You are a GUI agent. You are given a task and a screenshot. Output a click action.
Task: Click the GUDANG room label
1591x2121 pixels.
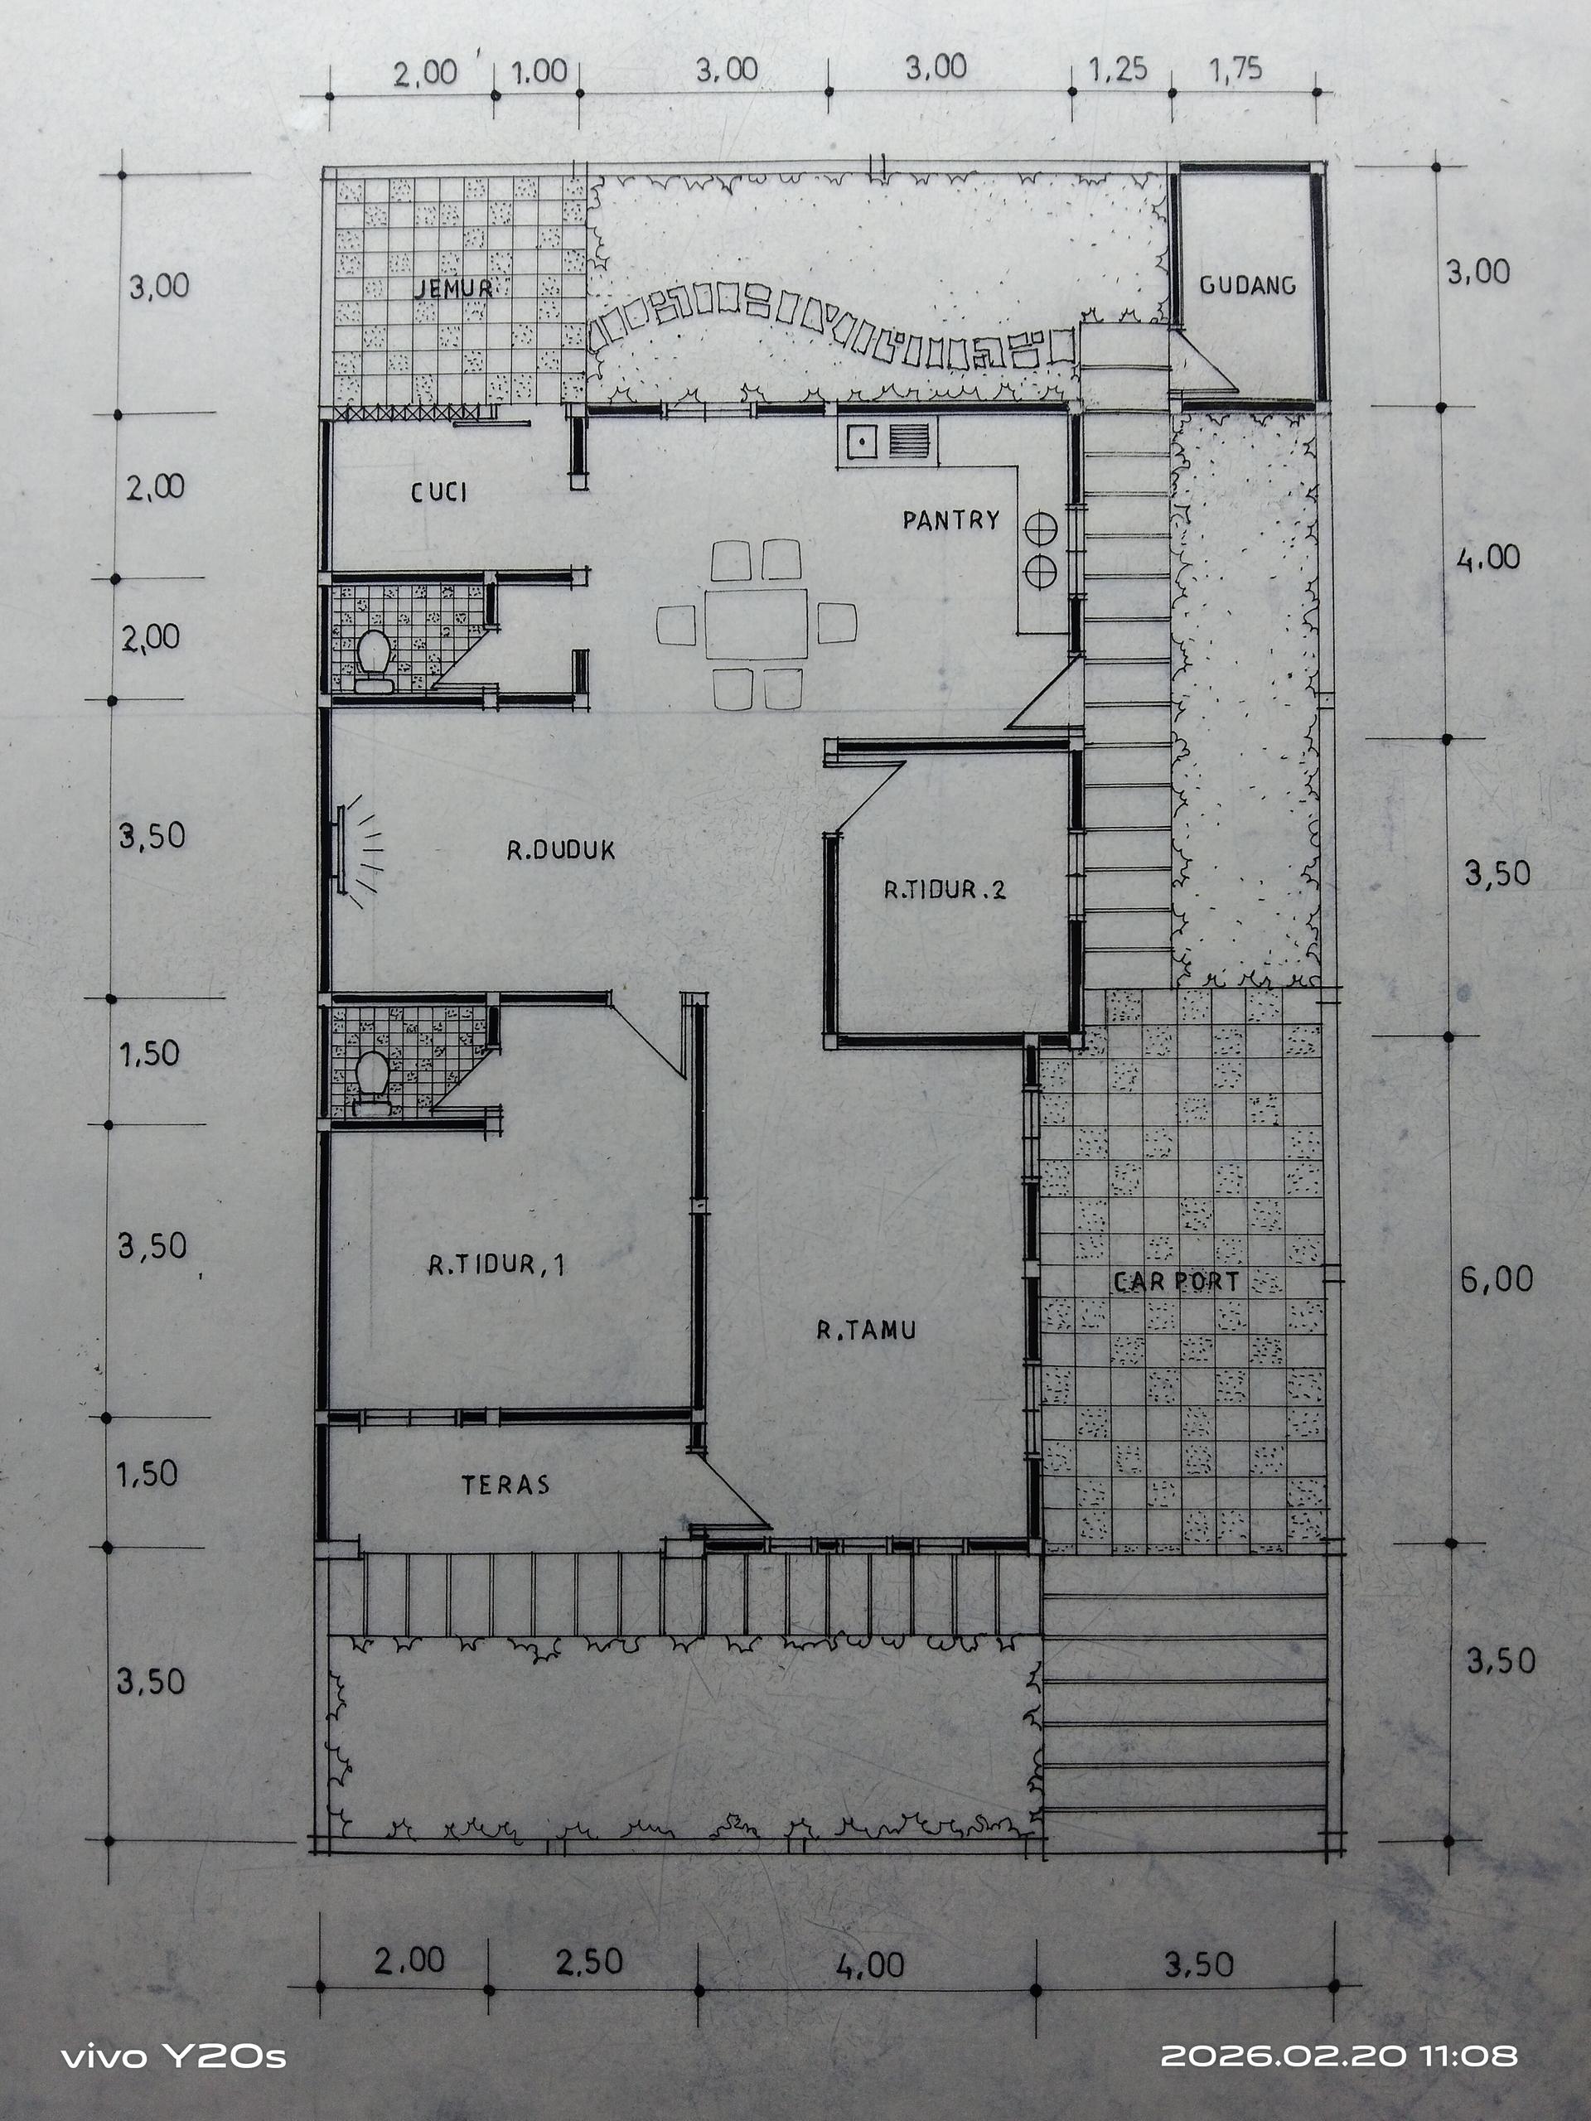click(1247, 285)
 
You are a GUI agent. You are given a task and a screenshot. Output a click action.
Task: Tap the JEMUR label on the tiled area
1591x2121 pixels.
click(453, 287)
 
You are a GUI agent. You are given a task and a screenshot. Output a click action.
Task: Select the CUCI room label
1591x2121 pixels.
click(439, 492)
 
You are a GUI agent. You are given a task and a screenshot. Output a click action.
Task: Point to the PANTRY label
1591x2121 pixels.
click(950, 519)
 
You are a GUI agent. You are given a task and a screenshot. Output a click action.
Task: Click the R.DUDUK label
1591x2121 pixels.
click(561, 849)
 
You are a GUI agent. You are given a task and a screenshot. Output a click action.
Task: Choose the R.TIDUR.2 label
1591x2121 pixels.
click(945, 890)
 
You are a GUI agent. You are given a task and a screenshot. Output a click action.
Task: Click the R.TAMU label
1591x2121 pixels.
click(866, 1330)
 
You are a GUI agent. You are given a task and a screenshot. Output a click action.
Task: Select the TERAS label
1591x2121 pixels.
click(505, 1486)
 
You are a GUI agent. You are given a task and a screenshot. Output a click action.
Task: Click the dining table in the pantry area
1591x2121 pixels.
click(756, 623)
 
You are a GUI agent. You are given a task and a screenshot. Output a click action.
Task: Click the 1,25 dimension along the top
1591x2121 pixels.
click(1118, 70)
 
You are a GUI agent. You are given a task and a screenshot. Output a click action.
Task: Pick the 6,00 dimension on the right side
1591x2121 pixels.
click(1496, 1279)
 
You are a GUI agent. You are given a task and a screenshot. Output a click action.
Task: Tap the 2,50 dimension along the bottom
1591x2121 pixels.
click(589, 1961)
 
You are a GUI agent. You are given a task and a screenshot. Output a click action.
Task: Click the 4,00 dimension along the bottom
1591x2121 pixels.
click(870, 1964)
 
